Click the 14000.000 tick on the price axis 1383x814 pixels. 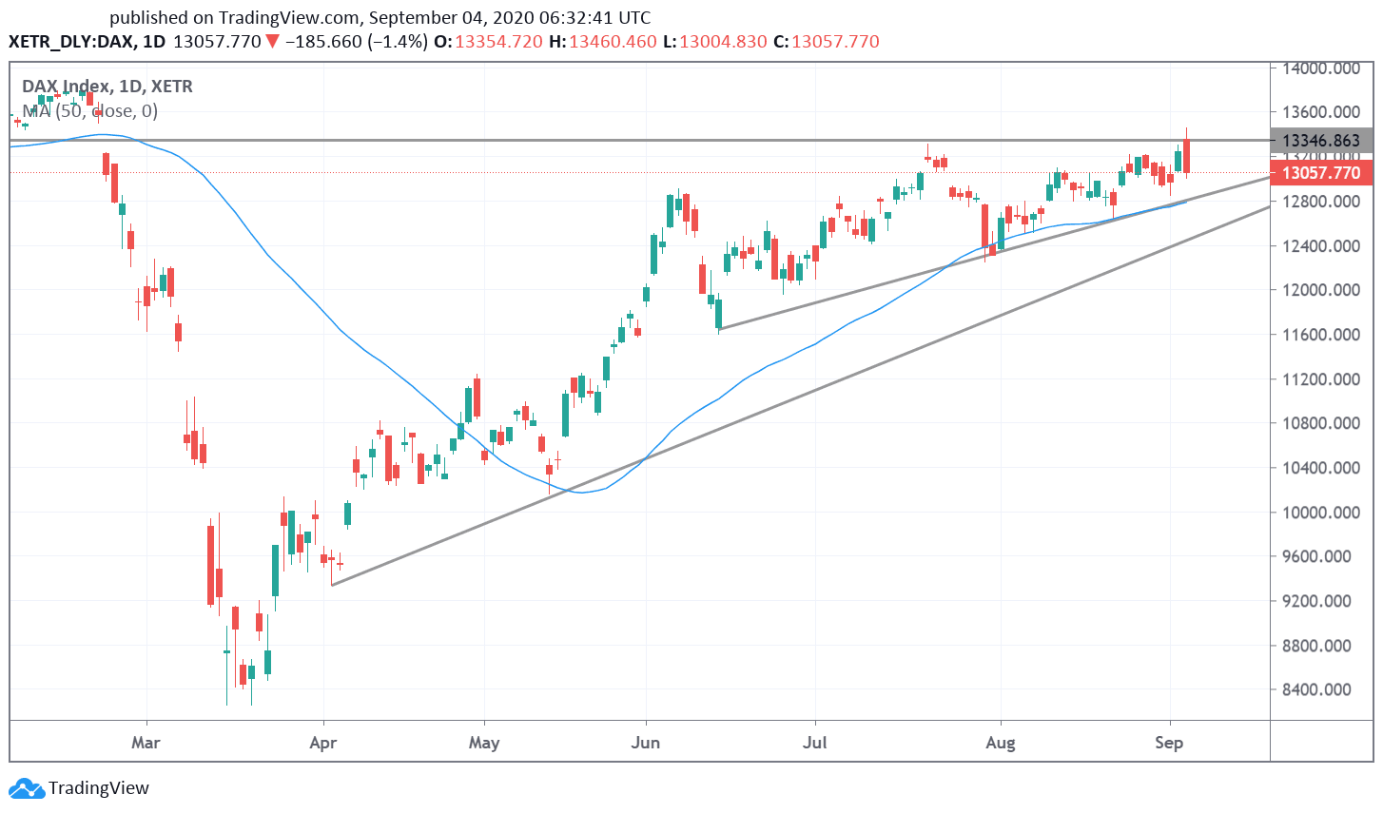point(1320,68)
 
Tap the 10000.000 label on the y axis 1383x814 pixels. point(1320,513)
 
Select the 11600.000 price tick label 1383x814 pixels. point(1320,335)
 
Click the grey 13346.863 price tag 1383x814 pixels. point(1321,141)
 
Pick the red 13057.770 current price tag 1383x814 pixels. point(1321,172)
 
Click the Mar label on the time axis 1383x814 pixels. point(146,742)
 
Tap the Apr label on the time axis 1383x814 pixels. point(323,742)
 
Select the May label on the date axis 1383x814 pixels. point(484,742)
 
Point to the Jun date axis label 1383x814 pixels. point(645,742)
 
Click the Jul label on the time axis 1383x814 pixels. point(814,742)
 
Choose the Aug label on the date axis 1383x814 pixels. point(1000,742)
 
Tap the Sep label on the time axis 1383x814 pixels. point(1169,742)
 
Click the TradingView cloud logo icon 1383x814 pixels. point(26,788)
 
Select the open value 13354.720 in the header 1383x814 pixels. point(498,42)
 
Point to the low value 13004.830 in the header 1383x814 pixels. point(723,42)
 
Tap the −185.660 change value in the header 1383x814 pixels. point(324,42)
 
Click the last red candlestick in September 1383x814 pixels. point(1186,157)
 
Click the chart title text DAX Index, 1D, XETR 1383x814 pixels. point(107,87)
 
